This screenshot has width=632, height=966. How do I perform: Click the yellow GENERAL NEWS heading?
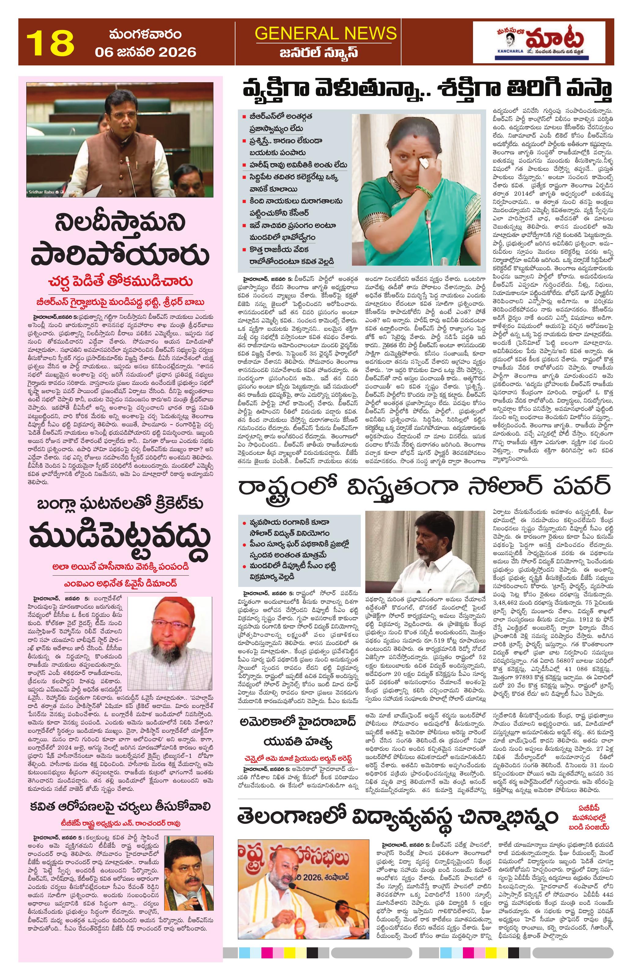click(x=326, y=33)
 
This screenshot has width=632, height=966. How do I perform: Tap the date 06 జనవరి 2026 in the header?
click(x=145, y=52)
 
